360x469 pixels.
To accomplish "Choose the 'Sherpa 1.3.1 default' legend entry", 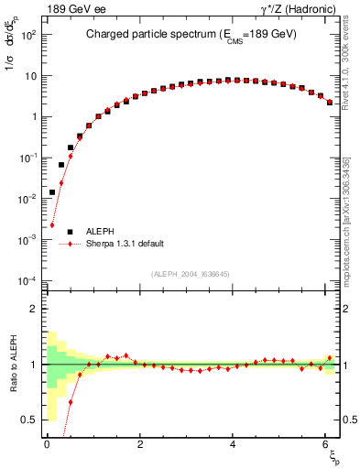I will [125, 244].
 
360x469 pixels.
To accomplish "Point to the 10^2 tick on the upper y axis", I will [26, 35].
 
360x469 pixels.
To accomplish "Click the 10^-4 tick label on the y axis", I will [26, 280].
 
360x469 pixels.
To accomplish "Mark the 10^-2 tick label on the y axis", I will [26, 199].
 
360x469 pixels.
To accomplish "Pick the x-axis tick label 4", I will [234, 444].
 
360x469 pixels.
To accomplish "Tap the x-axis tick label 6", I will [326, 444].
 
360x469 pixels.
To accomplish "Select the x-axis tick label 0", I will [47, 444].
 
